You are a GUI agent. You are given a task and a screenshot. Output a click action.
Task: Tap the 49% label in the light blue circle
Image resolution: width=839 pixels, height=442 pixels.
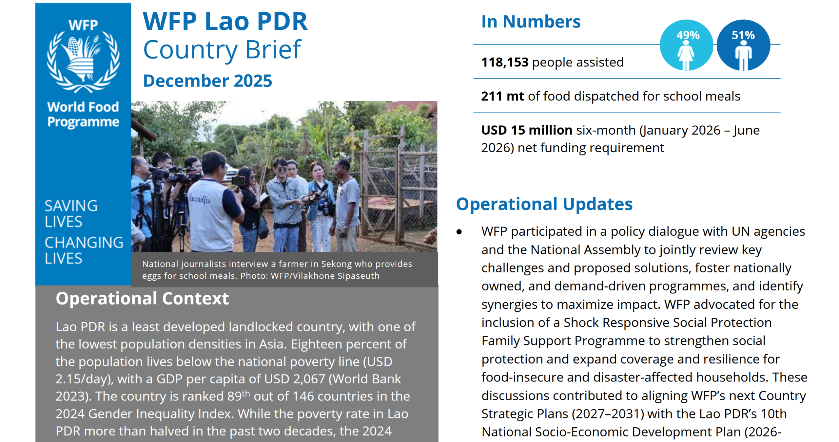tap(688, 35)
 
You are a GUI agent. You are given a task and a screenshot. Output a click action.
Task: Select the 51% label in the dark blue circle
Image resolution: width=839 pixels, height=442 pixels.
tap(743, 35)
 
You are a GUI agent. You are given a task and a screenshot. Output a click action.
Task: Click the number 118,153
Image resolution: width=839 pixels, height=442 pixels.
tap(505, 62)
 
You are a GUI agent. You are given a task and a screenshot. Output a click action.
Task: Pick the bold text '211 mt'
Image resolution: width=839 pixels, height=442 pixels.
tap(502, 96)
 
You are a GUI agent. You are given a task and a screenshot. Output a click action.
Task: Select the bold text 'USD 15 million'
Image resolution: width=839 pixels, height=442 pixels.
tap(526, 130)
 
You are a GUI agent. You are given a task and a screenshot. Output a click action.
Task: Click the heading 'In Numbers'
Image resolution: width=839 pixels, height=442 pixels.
tap(531, 22)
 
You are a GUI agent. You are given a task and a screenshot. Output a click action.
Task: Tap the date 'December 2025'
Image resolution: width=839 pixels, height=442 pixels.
tap(207, 81)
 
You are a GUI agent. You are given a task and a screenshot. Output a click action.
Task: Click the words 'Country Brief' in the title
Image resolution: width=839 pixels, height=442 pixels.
tap(222, 50)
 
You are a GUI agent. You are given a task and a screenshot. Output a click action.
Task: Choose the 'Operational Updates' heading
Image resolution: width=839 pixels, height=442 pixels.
tap(544, 204)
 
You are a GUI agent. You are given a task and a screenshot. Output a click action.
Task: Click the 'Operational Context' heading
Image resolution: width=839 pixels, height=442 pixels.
tap(142, 298)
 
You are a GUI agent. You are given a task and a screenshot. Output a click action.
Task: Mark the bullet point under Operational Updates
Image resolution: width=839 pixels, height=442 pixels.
tap(459, 232)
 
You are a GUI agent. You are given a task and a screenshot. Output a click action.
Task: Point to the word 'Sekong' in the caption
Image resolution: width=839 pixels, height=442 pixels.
tap(334, 264)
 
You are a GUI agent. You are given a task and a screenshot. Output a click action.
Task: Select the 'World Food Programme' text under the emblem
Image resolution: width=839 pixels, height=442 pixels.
tap(83, 114)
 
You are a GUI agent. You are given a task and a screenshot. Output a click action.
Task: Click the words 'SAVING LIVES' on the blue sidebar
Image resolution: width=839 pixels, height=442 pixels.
tap(71, 214)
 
